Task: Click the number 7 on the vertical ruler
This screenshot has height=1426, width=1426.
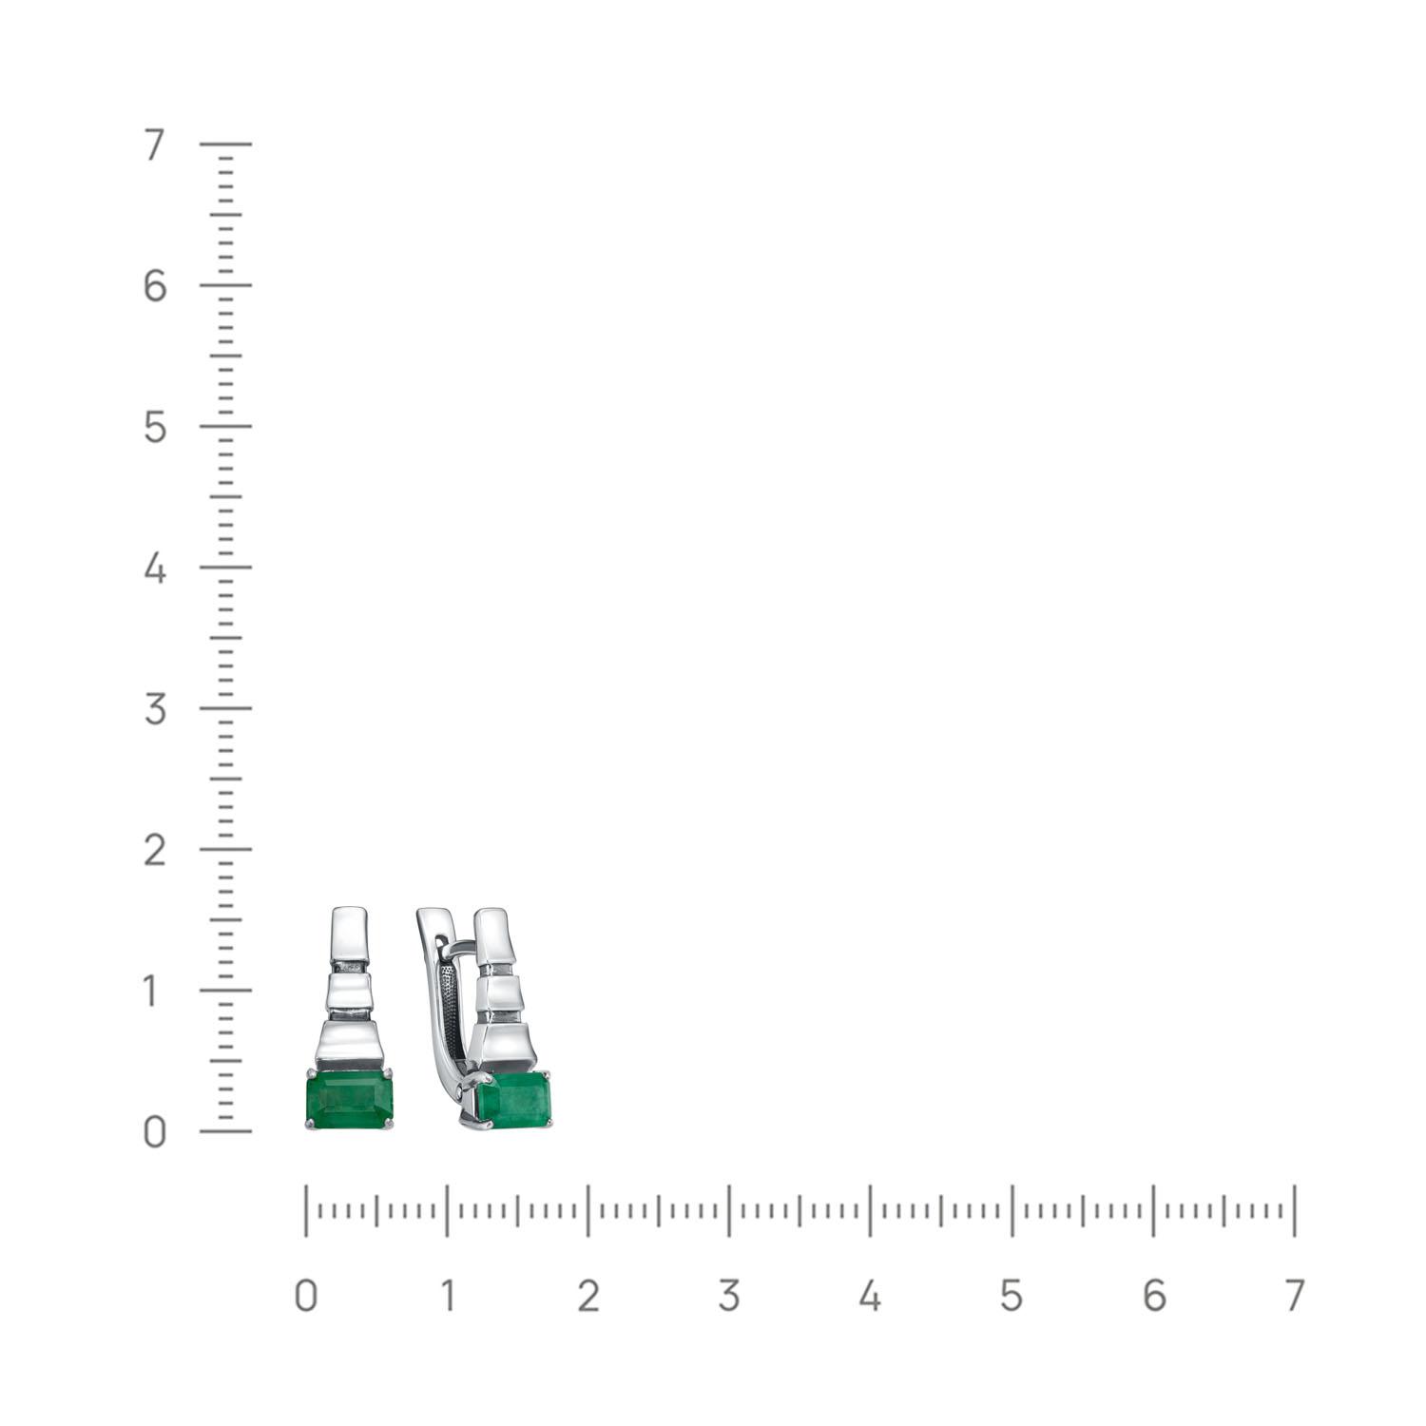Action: click(154, 145)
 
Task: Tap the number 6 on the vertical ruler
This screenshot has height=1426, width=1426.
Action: click(155, 286)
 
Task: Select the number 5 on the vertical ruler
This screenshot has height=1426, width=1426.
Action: click(155, 428)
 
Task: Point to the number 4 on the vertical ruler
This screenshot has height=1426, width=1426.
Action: click(155, 568)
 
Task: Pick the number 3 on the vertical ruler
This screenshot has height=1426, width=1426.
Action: click(155, 709)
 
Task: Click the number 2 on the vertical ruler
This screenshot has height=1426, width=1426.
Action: click(155, 850)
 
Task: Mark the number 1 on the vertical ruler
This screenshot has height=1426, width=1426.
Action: click(152, 992)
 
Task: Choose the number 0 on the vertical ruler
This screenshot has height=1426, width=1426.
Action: click(155, 1132)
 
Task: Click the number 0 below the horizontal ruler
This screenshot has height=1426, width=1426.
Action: click(305, 1296)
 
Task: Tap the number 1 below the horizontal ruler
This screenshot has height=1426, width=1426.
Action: click(446, 1296)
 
